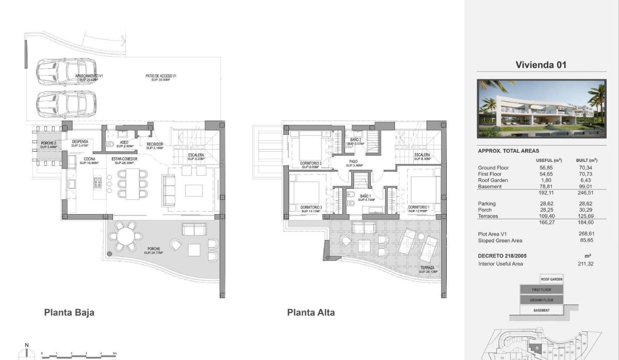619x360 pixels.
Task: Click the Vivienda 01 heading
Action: click(x=541, y=65)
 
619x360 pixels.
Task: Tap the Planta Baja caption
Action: click(x=69, y=312)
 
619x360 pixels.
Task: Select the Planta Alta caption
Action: click(x=311, y=312)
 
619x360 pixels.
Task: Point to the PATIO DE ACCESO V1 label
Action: click(x=161, y=77)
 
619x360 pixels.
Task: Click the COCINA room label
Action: click(x=89, y=161)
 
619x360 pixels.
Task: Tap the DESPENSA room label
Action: click(x=79, y=143)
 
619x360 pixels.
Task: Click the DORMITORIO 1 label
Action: click(x=419, y=208)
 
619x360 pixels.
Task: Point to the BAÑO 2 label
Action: click(x=355, y=141)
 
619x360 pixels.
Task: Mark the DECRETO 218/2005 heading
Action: click(x=502, y=256)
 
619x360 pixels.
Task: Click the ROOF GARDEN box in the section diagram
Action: click(x=551, y=279)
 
